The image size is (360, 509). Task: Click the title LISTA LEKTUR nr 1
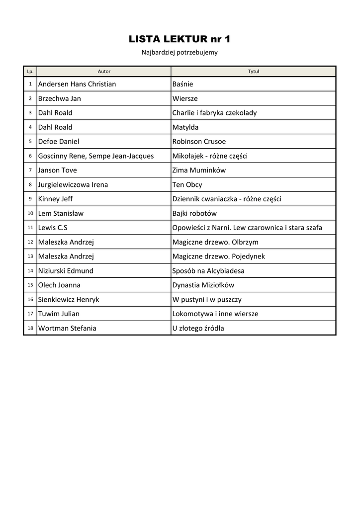pyautogui.click(x=180, y=39)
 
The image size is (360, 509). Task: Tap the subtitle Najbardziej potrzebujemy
pyautogui.click(x=180, y=52)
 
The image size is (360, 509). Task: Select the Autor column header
pyautogui.click(x=104, y=72)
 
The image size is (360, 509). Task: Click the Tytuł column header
pyautogui.click(x=253, y=72)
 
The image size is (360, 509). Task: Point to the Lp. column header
pyautogui.click(x=30, y=72)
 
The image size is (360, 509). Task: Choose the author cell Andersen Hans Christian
pyautogui.click(x=77, y=84)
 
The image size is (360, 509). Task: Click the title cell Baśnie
pyautogui.click(x=182, y=84)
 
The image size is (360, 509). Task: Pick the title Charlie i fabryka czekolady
pyautogui.click(x=214, y=113)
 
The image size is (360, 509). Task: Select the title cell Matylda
pyautogui.click(x=185, y=127)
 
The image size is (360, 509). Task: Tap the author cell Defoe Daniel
pyautogui.click(x=59, y=142)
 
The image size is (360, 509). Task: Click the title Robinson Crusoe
pyautogui.click(x=199, y=142)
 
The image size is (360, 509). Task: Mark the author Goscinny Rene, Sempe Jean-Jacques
pyautogui.click(x=96, y=156)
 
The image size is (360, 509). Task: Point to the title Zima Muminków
pyautogui.click(x=199, y=170)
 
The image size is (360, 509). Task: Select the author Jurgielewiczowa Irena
pyautogui.click(x=73, y=184)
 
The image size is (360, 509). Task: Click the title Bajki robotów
pyautogui.click(x=194, y=213)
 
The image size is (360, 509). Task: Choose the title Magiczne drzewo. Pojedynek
pyautogui.click(x=218, y=256)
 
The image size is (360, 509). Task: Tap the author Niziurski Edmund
pyautogui.click(x=66, y=271)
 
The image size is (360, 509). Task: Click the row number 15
pyautogui.click(x=30, y=285)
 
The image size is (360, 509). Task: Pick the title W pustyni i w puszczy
pyautogui.click(x=207, y=300)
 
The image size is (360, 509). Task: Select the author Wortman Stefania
pyautogui.click(x=67, y=328)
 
